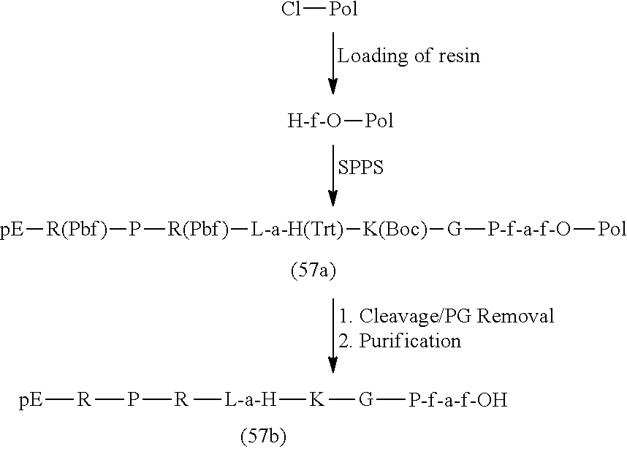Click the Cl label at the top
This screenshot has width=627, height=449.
pos(291,9)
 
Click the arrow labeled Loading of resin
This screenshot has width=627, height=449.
pos(332,63)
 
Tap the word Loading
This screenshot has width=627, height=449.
pos(372,56)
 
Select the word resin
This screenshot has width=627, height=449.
pos(459,56)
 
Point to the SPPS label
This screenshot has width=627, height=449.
pos(361,167)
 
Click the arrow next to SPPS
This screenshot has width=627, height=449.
pos(332,176)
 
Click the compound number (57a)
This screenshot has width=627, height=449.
pos(313,271)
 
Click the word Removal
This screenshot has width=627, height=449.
pos(515,316)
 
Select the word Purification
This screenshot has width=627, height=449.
pos(410,341)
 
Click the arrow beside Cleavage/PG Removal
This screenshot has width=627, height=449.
pos(332,336)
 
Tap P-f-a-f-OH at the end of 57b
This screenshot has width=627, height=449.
pos(458,400)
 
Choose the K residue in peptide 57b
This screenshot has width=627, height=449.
pos(316,400)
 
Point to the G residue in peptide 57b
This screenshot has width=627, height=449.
pos(365,400)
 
